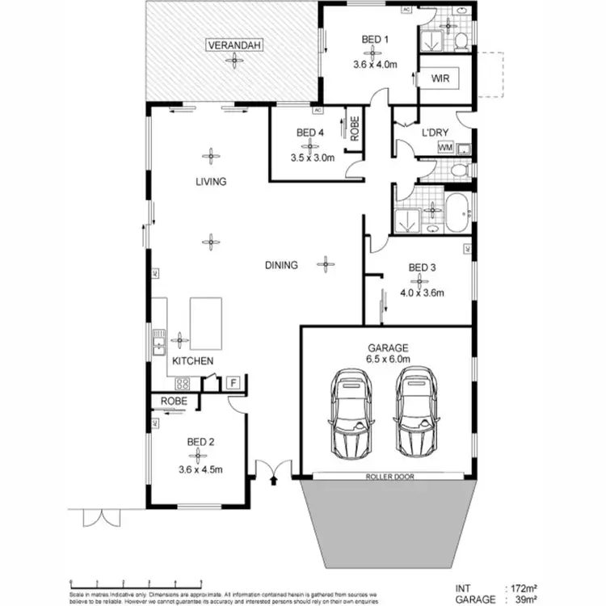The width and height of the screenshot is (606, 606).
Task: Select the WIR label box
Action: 440,78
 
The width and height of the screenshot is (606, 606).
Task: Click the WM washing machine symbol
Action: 444,148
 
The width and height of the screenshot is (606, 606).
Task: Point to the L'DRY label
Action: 436,132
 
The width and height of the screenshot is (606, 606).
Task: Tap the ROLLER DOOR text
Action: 388,478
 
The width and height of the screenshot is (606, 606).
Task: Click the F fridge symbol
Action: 233,381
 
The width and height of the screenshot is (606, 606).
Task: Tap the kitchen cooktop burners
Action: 183,385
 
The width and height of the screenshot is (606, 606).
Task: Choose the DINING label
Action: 281,265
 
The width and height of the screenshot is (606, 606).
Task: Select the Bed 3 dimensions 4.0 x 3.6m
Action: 423,293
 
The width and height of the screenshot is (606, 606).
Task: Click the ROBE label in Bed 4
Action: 354,128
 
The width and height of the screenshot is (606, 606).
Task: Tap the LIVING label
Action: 211,182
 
